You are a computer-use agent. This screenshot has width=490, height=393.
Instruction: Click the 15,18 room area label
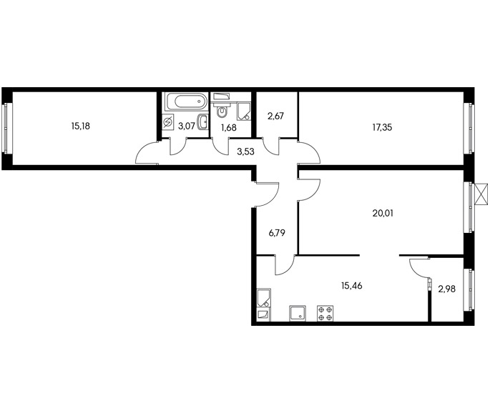(81, 126)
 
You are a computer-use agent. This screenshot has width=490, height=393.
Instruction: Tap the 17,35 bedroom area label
(382, 127)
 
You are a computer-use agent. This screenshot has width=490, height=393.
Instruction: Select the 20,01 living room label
(383, 213)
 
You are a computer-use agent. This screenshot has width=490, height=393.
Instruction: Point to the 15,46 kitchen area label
(352, 286)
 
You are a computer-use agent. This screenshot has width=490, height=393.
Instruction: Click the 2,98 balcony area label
(447, 289)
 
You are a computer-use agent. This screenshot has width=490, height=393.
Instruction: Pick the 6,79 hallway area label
(277, 233)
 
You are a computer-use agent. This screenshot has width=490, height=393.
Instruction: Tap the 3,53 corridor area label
(246, 151)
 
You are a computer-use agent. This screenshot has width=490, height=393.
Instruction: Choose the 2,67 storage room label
(275, 116)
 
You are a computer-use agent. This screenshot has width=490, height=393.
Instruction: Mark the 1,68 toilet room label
(229, 128)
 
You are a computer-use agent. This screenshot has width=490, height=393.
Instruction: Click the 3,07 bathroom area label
(187, 126)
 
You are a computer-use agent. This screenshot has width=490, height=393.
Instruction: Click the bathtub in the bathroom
(186, 101)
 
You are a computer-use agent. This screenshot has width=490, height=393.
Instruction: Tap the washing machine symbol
(168, 121)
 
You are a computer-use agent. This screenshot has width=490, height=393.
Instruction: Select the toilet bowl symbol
(222, 112)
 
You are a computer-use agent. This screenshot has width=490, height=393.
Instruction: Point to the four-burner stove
(325, 314)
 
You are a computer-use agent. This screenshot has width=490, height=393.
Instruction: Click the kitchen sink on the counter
(298, 314)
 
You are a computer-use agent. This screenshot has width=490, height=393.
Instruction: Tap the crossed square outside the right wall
(481, 194)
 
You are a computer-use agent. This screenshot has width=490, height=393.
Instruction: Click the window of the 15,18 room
(6, 129)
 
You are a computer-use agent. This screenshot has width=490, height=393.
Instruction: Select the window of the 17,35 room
(469, 129)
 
